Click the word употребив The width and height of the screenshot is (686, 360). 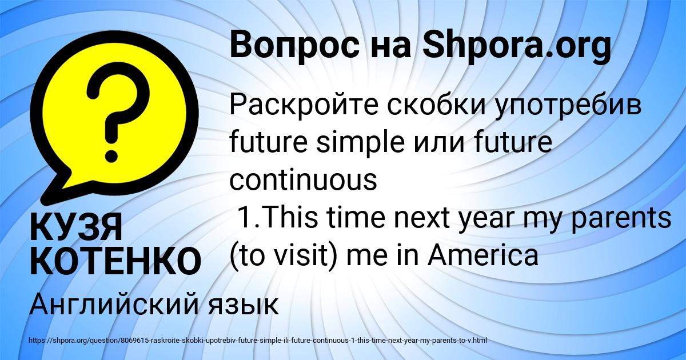(x=576, y=107)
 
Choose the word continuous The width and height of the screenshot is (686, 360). (x=303, y=180)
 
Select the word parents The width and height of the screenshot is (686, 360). (x=626, y=219)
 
